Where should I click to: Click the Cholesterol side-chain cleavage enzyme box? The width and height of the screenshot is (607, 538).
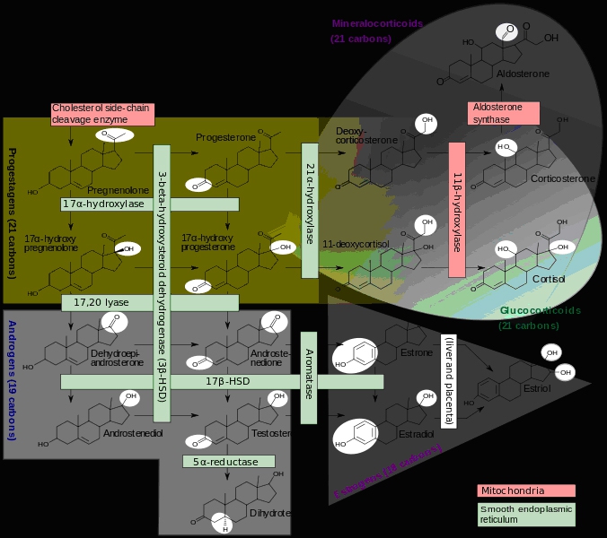pos(102,114)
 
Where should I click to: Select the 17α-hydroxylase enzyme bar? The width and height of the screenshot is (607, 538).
pos(103,204)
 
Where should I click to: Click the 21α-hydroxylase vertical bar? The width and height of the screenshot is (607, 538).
pos(310,204)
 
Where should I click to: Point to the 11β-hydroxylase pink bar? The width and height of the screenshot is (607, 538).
pos(456,209)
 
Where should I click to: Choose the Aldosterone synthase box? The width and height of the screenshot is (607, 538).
pos(504,113)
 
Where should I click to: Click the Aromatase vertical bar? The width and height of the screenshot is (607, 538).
pos(309,377)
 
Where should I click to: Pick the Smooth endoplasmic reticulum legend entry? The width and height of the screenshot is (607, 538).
pos(525,513)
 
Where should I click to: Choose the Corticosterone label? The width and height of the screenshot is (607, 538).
pos(562,178)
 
